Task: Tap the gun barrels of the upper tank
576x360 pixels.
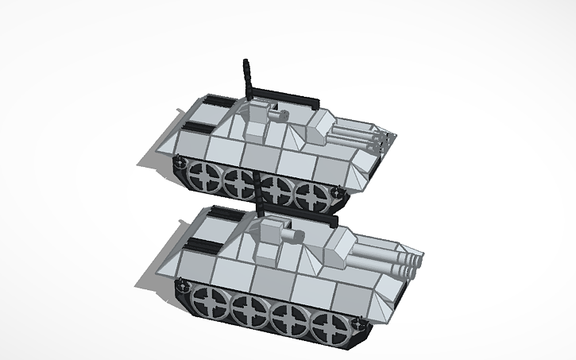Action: click(358, 134)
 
